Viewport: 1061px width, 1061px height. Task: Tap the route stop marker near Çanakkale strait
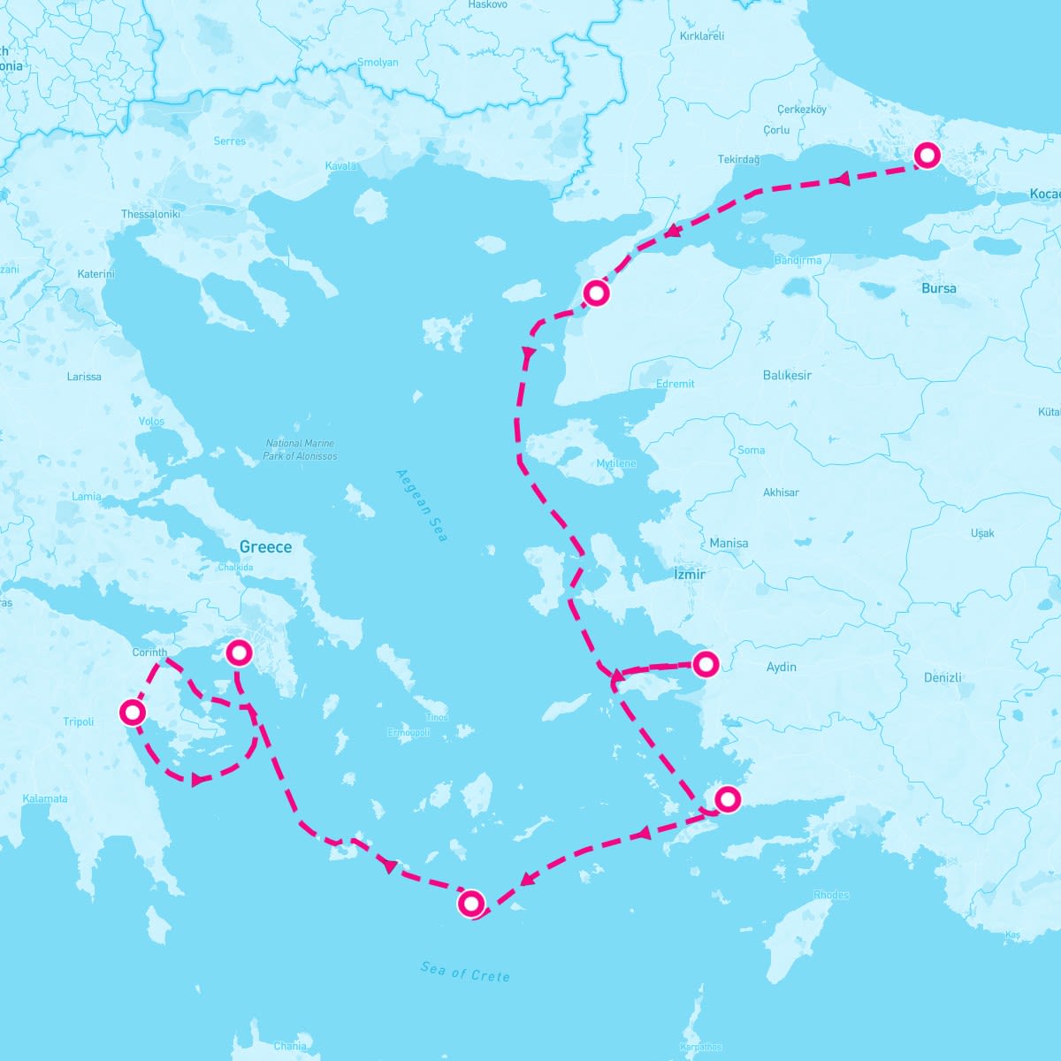pos(597,292)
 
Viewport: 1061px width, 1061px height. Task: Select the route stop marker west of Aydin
pos(706,663)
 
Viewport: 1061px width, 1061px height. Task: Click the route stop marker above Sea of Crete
pos(471,903)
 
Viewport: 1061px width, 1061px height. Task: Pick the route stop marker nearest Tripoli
pos(132,712)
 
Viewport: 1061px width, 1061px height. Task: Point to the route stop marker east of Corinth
pos(239,653)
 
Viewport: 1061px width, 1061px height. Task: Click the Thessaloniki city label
pos(150,215)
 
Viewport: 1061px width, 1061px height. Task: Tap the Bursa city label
pos(938,288)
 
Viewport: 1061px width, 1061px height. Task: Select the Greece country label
pos(265,547)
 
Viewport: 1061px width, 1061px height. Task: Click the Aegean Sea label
pos(422,505)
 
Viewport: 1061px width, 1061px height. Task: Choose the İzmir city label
pos(690,575)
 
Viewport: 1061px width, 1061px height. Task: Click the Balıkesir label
pos(787,376)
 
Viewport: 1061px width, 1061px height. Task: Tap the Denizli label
pos(943,678)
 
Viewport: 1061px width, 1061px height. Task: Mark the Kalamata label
pos(45,798)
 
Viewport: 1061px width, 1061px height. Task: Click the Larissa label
pos(84,377)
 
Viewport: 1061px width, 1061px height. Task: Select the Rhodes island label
pos(831,895)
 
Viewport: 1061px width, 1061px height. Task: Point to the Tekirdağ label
pos(738,160)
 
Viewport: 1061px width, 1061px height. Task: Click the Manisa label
pos(729,544)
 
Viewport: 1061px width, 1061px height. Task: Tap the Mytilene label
pos(616,464)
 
